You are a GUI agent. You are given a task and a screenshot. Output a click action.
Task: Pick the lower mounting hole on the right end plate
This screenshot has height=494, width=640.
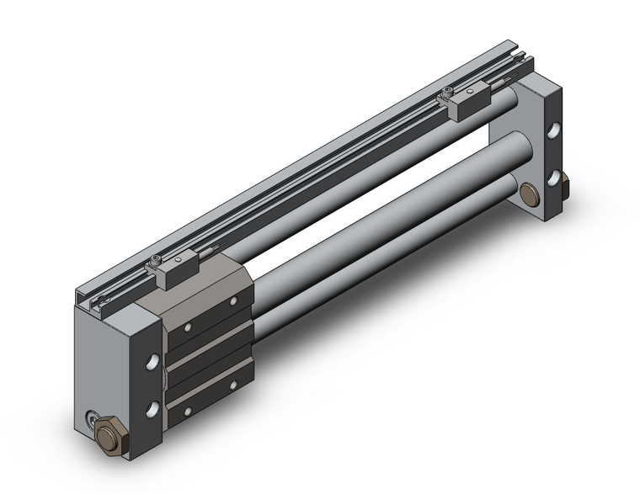554,178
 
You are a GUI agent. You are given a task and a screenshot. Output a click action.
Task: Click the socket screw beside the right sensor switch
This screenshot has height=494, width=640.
445,91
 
